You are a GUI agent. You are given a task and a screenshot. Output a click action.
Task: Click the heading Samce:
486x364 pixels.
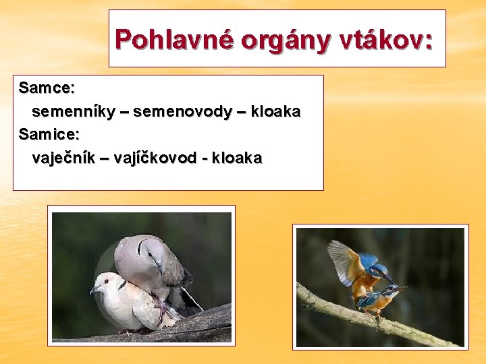pyautogui.click(x=47, y=88)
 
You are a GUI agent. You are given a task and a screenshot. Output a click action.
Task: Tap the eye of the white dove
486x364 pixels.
pyautogui.click(x=102, y=283)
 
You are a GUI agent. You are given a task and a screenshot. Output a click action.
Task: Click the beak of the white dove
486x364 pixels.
pyautogui.click(x=92, y=290)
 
